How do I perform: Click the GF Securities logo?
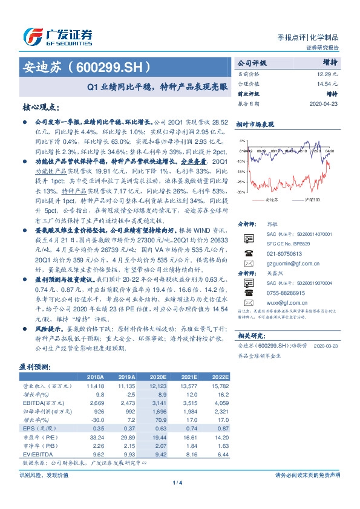pos(57,36)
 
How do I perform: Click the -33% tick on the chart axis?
pos(241,192)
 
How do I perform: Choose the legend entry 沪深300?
pos(305,198)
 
